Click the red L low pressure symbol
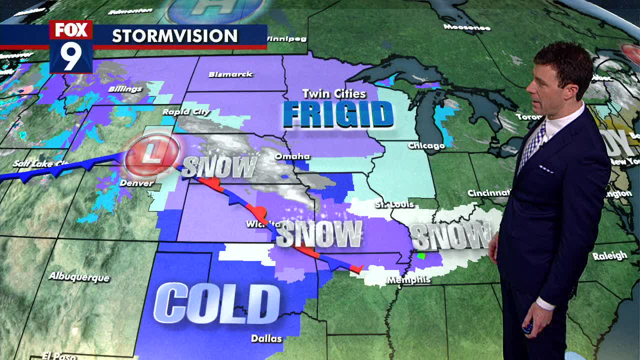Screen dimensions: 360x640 151,152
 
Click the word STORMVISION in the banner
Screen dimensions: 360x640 174,36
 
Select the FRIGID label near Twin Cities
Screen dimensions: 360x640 338,114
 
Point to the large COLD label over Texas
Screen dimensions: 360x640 216,302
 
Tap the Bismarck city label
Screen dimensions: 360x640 230,74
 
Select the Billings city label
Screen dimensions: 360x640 125,89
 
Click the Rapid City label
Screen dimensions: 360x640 186,112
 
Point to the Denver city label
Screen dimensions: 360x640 136,183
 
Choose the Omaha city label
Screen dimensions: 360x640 292,156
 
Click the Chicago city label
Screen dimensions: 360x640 426,145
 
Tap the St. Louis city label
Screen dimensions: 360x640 394,204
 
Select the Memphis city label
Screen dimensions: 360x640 408,280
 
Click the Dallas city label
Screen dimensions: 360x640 266,338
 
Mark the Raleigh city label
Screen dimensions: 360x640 609,256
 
